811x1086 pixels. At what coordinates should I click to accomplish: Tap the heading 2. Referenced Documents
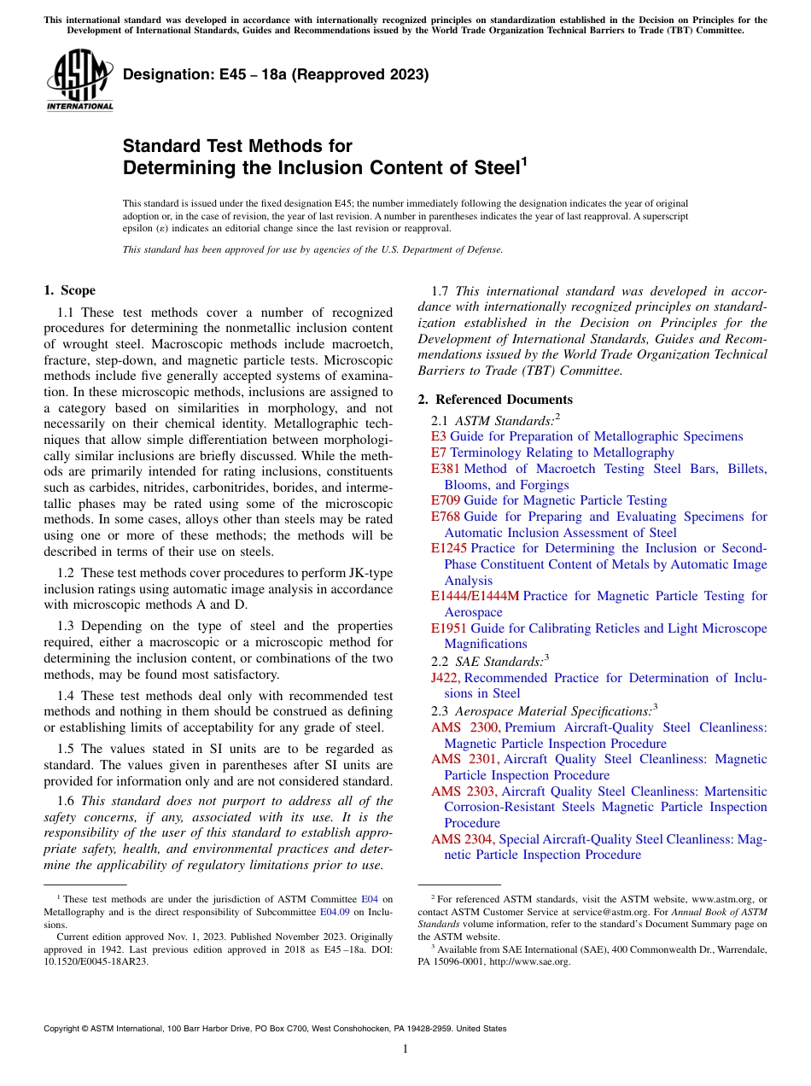point(495,400)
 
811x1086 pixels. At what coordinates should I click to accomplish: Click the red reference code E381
point(446,469)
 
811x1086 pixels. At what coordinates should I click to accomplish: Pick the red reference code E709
point(446,500)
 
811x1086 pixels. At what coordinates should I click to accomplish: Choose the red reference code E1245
point(449,548)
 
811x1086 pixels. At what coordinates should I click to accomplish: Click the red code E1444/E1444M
point(475,596)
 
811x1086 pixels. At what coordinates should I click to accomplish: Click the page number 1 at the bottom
point(405,1049)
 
